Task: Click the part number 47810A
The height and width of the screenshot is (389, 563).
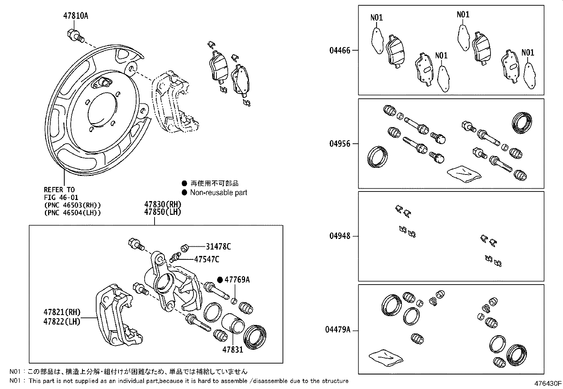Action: pos(76,16)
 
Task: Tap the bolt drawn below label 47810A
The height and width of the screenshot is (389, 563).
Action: pos(75,36)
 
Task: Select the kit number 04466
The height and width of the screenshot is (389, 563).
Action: pos(340,50)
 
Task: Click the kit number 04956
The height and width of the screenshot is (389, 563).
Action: pos(340,144)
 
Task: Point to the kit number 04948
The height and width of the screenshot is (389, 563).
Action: pos(340,236)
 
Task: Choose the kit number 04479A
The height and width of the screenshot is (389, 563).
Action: pos(338,330)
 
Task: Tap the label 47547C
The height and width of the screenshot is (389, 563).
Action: pos(207,259)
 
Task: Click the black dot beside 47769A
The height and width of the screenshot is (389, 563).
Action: pos(220,280)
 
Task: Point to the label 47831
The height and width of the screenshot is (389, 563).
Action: pos(233,350)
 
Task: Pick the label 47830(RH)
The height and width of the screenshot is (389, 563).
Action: pos(163,204)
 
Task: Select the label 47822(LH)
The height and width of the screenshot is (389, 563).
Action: pos(62,321)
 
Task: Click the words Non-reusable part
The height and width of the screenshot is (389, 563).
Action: pos(219,193)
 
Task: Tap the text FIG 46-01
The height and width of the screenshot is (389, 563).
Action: pos(61,198)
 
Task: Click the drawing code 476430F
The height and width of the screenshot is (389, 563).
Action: pos(548,383)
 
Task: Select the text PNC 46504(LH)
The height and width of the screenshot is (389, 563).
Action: pos(72,213)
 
